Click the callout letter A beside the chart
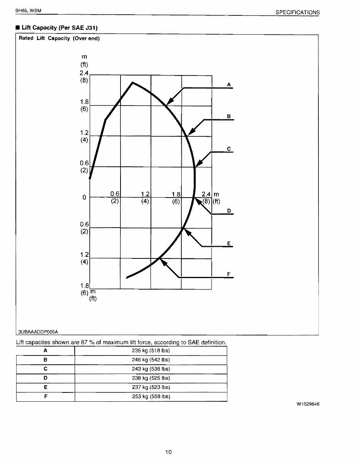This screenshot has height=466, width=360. tap(229, 84)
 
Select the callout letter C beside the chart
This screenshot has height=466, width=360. tap(229, 149)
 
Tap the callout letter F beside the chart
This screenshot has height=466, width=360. tap(229, 274)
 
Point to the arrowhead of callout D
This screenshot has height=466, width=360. tap(196, 199)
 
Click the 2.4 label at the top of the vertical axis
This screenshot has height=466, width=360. tap(84, 73)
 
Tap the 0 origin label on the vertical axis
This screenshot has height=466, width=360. tap(84, 198)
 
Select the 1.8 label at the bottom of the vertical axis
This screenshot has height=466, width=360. tap(84, 286)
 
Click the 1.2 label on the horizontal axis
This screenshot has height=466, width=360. tap(145, 194)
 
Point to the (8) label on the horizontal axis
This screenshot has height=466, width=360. tap(207, 201)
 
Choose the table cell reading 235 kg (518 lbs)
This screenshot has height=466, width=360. tap(151, 350)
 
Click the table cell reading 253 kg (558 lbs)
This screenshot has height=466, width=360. tap(151, 397)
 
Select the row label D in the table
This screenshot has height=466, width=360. tap(45, 378)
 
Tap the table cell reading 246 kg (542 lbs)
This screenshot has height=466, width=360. tap(151, 360)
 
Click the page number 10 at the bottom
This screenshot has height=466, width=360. tap(168, 452)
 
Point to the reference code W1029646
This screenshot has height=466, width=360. tap(308, 404)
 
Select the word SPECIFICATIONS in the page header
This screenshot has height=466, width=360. tap(297, 12)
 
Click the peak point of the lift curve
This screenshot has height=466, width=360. tap(132, 82)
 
